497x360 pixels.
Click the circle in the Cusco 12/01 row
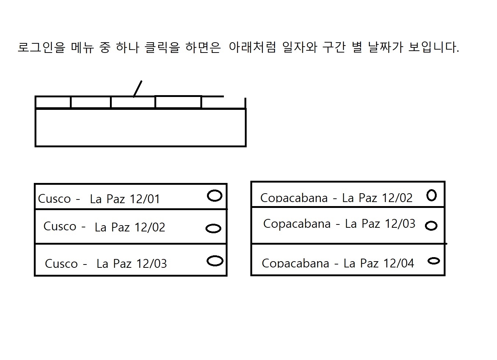[x=215, y=195]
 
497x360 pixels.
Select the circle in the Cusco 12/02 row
[x=213, y=228]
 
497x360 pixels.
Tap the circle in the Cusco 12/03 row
[x=215, y=261]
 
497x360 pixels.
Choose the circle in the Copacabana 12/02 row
[x=432, y=195]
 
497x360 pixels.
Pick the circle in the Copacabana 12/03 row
[x=431, y=226]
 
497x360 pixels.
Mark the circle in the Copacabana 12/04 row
[x=434, y=261]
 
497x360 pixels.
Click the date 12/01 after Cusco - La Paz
[x=145, y=199]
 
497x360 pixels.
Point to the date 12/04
[x=398, y=263]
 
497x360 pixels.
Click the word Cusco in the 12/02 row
[x=60, y=226]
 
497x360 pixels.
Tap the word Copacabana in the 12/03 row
[x=297, y=224]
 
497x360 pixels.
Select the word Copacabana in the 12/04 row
[x=295, y=263]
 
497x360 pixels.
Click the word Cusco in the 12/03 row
[x=61, y=263]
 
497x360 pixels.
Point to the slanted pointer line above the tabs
[x=138, y=89]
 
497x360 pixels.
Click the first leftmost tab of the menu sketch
[x=53, y=102]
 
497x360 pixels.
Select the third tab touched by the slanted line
[x=133, y=102]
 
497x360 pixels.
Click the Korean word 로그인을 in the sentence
[x=41, y=47]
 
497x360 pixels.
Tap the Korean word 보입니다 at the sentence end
[x=434, y=47]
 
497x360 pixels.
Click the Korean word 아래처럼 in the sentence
[x=252, y=47]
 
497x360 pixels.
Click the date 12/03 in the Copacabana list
[x=398, y=224]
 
